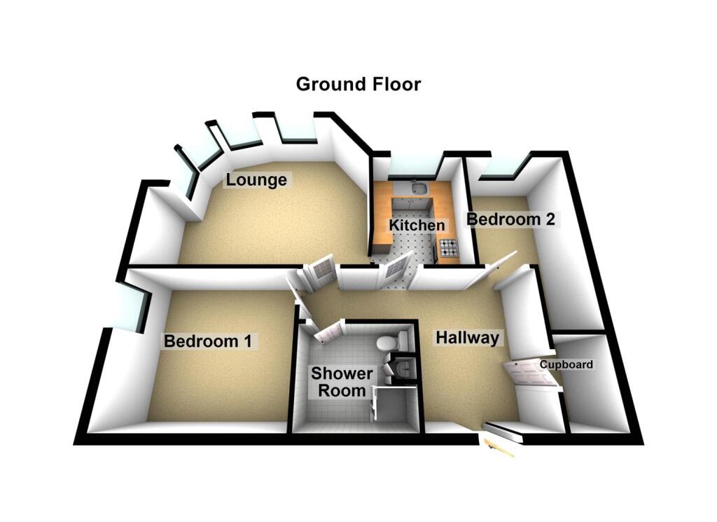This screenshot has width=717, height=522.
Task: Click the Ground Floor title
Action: tap(358, 85)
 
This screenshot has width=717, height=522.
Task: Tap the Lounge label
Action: tap(256, 180)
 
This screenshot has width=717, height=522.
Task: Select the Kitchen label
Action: tap(417, 226)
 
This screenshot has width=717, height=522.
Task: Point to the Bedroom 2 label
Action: tap(511, 219)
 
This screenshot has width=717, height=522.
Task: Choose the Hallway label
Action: tap(467, 338)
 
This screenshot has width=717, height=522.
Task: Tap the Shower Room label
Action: tap(339, 381)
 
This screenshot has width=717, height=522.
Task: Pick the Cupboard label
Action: tap(566, 364)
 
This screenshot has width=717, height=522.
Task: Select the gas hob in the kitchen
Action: tap(448, 247)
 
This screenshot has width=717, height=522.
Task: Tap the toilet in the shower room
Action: tap(389, 342)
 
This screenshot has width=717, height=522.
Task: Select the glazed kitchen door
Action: tap(395, 271)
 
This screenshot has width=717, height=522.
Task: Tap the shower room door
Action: tap(328, 332)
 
